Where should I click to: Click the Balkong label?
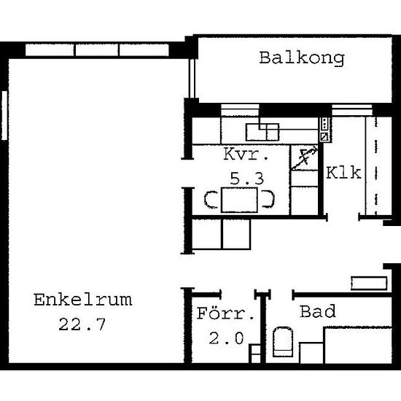302,59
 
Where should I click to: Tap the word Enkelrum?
83,300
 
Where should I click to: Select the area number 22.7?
82,324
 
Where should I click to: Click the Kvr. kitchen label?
246,154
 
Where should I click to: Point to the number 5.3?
246,178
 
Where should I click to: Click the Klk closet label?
343,173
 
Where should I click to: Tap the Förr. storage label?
226,314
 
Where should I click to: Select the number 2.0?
226,338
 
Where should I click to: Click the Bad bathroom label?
318,311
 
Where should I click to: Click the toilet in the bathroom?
283,342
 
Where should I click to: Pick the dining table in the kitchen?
239,200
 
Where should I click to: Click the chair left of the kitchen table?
211,200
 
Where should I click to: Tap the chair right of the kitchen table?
268,199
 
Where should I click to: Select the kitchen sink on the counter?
262,132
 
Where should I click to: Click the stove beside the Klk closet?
324,130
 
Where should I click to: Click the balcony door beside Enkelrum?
192,78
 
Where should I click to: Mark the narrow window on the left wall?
4,115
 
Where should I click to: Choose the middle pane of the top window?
97,50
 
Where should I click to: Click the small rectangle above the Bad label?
369,284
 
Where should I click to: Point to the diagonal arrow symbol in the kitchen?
304,158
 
